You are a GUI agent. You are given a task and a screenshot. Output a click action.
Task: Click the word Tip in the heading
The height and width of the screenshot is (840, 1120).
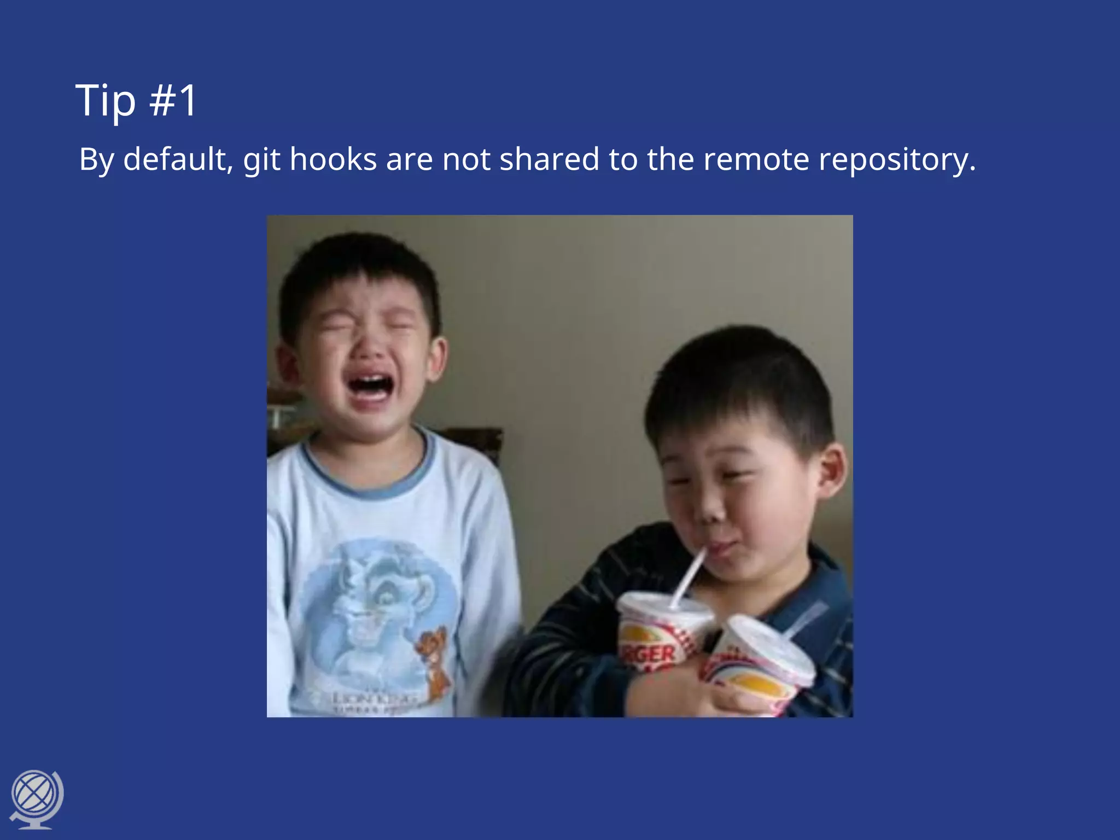[x=106, y=101]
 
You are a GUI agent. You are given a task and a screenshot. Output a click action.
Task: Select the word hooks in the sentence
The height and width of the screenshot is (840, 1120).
[x=333, y=159]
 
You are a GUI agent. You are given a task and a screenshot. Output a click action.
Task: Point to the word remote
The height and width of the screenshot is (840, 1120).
[x=756, y=159]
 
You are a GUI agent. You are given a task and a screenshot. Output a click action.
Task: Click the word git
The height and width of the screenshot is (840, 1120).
[x=262, y=159]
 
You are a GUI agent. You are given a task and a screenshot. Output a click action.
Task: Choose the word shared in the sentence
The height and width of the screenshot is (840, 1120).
[x=550, y=159]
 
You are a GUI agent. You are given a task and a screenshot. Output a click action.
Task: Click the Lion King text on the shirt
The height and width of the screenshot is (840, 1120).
[x=372, y=698]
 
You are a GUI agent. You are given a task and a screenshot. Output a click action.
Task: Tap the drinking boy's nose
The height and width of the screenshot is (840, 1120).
[x=711, y=511]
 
